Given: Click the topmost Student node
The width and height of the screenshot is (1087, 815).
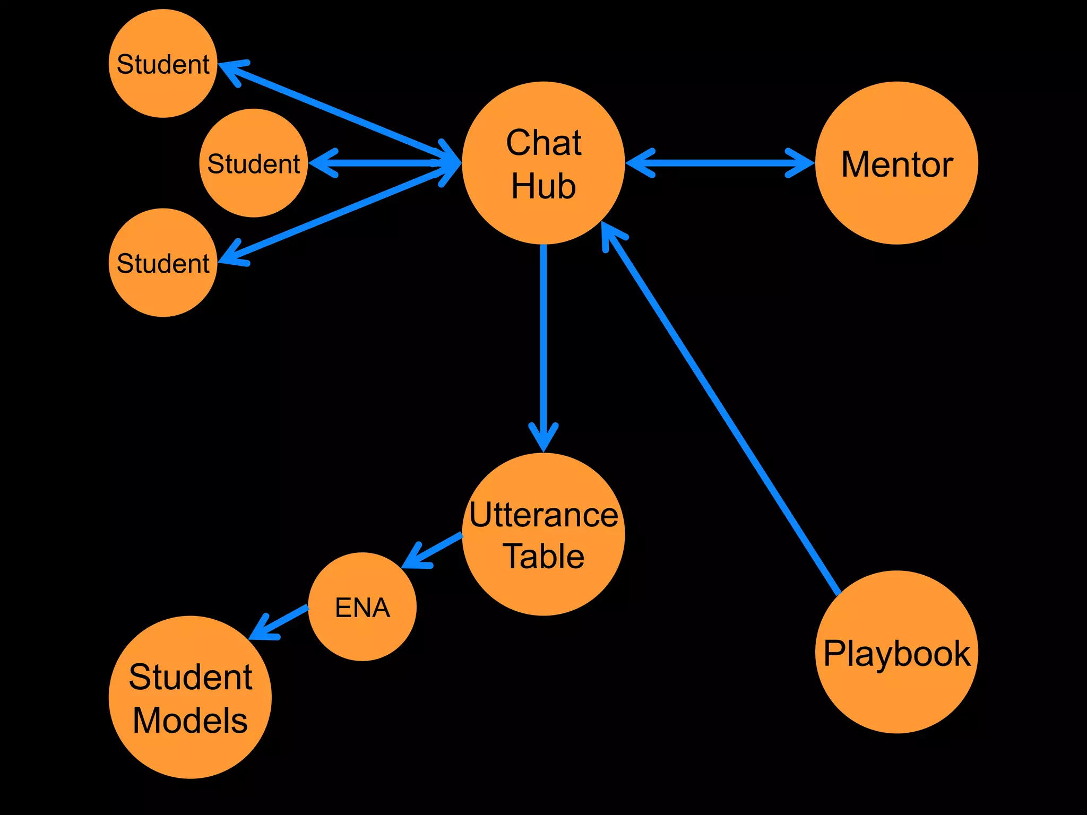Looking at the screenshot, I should tap(163, 64).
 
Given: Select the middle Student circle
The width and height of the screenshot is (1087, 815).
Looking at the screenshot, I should tap(254, 163).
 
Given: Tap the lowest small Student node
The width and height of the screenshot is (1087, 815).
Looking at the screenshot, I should tap(163, 263).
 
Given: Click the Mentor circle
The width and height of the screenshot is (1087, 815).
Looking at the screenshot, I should tap(896, 163).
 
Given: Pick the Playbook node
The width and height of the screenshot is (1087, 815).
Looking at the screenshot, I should tap(896, 652).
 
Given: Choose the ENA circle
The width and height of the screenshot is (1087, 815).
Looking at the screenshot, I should tap(363, 606).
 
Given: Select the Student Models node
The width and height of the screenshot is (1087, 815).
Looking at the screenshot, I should tap(190, 697).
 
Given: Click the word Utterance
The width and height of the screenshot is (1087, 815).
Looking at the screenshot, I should tap(543, 515).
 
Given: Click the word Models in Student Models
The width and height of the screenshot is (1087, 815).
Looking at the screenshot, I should tap(190, 720).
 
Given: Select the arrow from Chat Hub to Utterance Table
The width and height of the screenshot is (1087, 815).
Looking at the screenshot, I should tap(543, 345).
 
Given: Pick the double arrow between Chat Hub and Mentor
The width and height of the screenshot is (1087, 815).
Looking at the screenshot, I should tap(720, 163).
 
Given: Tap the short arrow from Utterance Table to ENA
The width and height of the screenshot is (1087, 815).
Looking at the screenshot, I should tap(433, 551).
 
